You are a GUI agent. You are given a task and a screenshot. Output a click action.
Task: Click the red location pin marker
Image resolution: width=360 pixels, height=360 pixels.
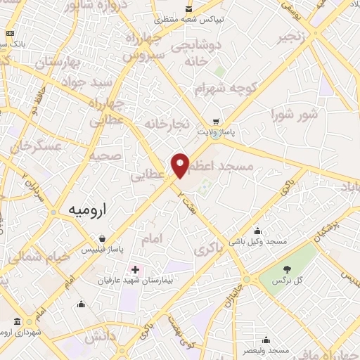(x=181, y=165)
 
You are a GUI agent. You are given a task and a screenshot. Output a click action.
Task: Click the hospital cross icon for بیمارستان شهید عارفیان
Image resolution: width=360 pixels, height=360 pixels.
(x=135, y=269)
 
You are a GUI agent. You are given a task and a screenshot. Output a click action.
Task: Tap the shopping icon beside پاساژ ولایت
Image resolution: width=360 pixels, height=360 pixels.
(x=215, y=121)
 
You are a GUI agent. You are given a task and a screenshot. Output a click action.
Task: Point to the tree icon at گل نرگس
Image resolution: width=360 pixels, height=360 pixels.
(x=287, y=269)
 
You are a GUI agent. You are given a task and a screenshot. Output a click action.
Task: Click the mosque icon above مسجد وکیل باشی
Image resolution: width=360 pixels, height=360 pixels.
(x=257, y=230)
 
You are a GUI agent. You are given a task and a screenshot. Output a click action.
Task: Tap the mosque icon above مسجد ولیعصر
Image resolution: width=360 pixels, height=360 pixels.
(x=266, y=339)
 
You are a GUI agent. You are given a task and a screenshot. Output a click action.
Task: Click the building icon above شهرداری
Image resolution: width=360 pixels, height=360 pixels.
(x=17, y=321)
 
